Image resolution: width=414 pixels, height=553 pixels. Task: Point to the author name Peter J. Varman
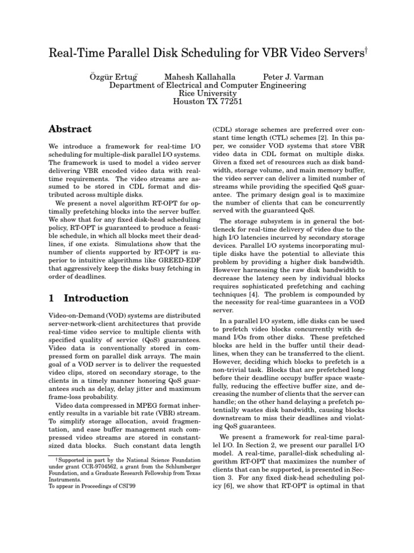coord(293,77)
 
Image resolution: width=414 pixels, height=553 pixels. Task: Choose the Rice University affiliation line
coord(207,93)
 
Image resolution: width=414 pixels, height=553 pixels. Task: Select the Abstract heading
coord(71,129)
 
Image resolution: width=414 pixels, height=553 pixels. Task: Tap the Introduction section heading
coord(96,298)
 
